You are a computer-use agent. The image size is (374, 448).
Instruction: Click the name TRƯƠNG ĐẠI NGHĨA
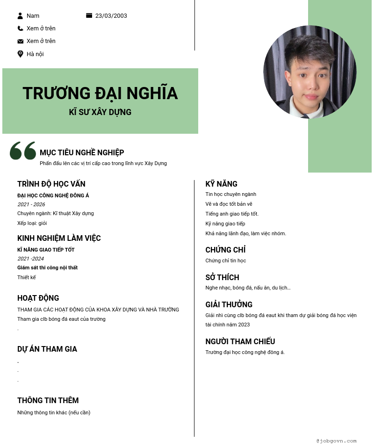click(100, 93)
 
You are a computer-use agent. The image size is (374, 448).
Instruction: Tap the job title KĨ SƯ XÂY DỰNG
click(100, 112)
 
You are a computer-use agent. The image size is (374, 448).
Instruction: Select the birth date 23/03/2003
click(111, 16)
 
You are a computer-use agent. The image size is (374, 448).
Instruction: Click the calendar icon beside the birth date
click(89, 15)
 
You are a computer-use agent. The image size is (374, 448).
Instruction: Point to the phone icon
click(20, 29)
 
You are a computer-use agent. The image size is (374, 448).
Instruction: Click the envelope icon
click(20, 41)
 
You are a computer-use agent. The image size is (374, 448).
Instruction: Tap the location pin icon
click(20, 54)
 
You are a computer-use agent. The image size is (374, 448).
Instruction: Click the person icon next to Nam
click(20, 16)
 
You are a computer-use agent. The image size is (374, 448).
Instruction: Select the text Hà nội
click(35, 54)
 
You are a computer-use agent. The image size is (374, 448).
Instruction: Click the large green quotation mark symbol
click(23, 151)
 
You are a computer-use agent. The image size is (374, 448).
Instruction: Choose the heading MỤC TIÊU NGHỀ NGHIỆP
click(82, 152)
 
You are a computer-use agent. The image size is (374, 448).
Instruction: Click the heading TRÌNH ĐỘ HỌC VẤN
click(51, 184)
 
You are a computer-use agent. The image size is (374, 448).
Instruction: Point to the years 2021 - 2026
click(31, 204)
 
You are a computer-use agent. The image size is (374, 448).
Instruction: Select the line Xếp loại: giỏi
click(32, 223)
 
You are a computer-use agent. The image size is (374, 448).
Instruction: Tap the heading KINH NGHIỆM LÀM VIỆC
click(59, 238)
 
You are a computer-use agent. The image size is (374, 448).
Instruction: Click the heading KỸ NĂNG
click(222, 184)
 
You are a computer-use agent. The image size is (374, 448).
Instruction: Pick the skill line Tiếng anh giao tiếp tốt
click(232, 214)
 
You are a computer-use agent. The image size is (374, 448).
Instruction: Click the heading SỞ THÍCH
click(223, 277)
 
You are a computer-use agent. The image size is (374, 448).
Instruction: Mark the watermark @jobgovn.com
click(336, 441)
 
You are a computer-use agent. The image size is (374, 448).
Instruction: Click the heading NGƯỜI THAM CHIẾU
click(240, 341)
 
